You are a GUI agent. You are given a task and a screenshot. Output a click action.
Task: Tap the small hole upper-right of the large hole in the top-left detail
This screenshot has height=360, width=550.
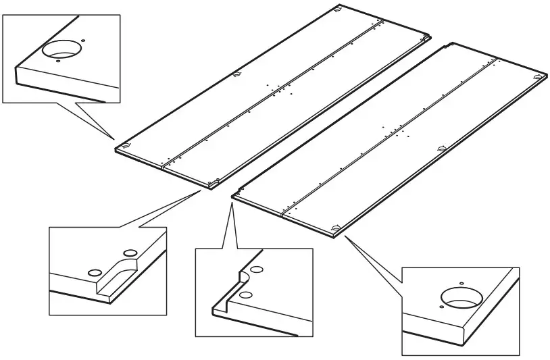(x=83, y=40)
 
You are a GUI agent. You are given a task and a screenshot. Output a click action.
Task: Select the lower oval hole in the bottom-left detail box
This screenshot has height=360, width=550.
(x=94, y=272)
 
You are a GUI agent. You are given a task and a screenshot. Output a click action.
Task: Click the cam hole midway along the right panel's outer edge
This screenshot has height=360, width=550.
(x=441, y=147)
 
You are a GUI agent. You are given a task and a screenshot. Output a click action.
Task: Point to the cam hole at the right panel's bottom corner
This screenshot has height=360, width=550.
(x=336, y=227)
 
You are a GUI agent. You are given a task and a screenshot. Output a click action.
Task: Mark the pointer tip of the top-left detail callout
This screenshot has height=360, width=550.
(x=114, y=137)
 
